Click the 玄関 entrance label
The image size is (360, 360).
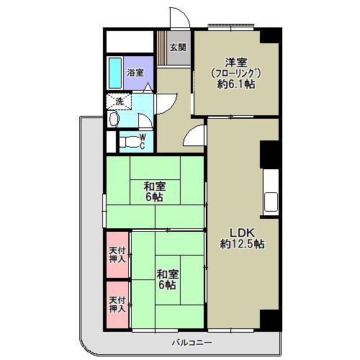coord(178,48)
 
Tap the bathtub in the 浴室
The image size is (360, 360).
coord(115,73)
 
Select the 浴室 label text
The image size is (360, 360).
coord(135,73)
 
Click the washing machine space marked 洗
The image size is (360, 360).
coord(119,102)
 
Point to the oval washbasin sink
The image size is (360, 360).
coord(114,119)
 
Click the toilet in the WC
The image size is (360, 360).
coord(130,142)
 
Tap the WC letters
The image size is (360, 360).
coord(143,142)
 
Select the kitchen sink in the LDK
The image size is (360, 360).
coord(271,202)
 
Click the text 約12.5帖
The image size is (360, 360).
coord(242,244)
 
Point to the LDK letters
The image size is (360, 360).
coord(242,233)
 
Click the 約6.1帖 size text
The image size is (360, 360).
coord(236,84)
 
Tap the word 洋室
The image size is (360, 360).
coord(236,63)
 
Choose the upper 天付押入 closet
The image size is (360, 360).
coord(117,255)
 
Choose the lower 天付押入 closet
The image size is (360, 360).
coord(117,305)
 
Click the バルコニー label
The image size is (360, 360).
coord(192,343)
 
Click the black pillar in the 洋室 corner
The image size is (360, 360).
coord(271,35)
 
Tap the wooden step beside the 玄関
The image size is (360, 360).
coord(162,48)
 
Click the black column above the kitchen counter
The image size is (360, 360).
coord(270,155)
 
